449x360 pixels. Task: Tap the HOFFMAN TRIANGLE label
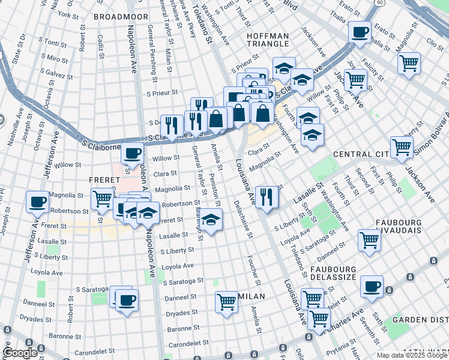[x=268, y=41]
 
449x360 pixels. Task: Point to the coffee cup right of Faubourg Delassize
[x=372, y=286]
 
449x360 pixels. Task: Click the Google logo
[x=20, y=353]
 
